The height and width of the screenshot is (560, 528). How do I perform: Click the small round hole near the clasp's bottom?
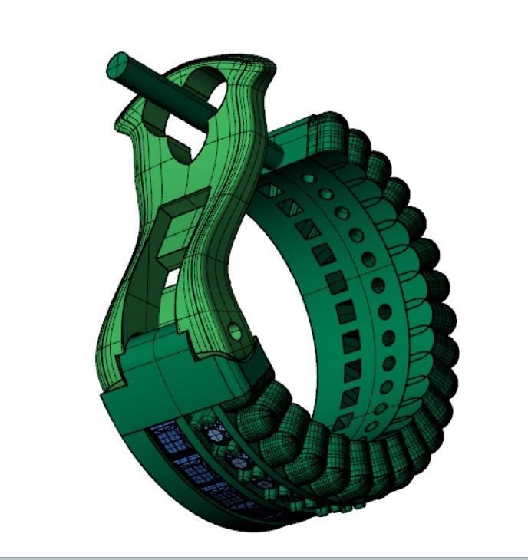coord(236,331)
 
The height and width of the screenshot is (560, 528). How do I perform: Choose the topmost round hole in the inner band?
coord(309,178)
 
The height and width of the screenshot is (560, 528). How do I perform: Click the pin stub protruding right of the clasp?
coord(274,154)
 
